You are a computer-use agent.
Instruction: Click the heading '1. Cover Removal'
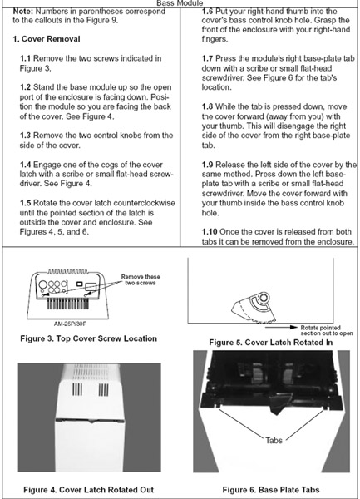[47, 39]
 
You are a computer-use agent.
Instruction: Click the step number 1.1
[25, 58]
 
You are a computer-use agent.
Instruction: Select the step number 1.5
[25, 203]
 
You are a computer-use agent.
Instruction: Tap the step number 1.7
[207, 58]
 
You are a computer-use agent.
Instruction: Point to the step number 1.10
[210, 232]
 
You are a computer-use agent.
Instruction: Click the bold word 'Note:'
[23, 12]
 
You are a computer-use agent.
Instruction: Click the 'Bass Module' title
[180, 3]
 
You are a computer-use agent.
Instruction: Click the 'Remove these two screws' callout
[141, 279]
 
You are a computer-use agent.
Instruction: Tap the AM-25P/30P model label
[70, 324]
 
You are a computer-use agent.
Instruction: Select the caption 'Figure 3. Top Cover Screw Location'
[88, 338]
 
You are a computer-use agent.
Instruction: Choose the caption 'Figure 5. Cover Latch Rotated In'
[271, 343]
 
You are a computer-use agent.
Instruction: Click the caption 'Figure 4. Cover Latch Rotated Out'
[88, 490]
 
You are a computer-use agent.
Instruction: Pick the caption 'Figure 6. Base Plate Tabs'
[271, 490]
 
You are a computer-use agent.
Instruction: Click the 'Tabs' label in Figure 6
[274, 441]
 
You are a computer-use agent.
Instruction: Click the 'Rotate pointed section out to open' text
[327, 330]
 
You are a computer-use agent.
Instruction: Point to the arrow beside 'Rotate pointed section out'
[282, 327]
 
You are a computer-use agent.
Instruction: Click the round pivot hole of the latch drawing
[264, 299]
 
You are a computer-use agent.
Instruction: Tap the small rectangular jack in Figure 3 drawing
[79, 284]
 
